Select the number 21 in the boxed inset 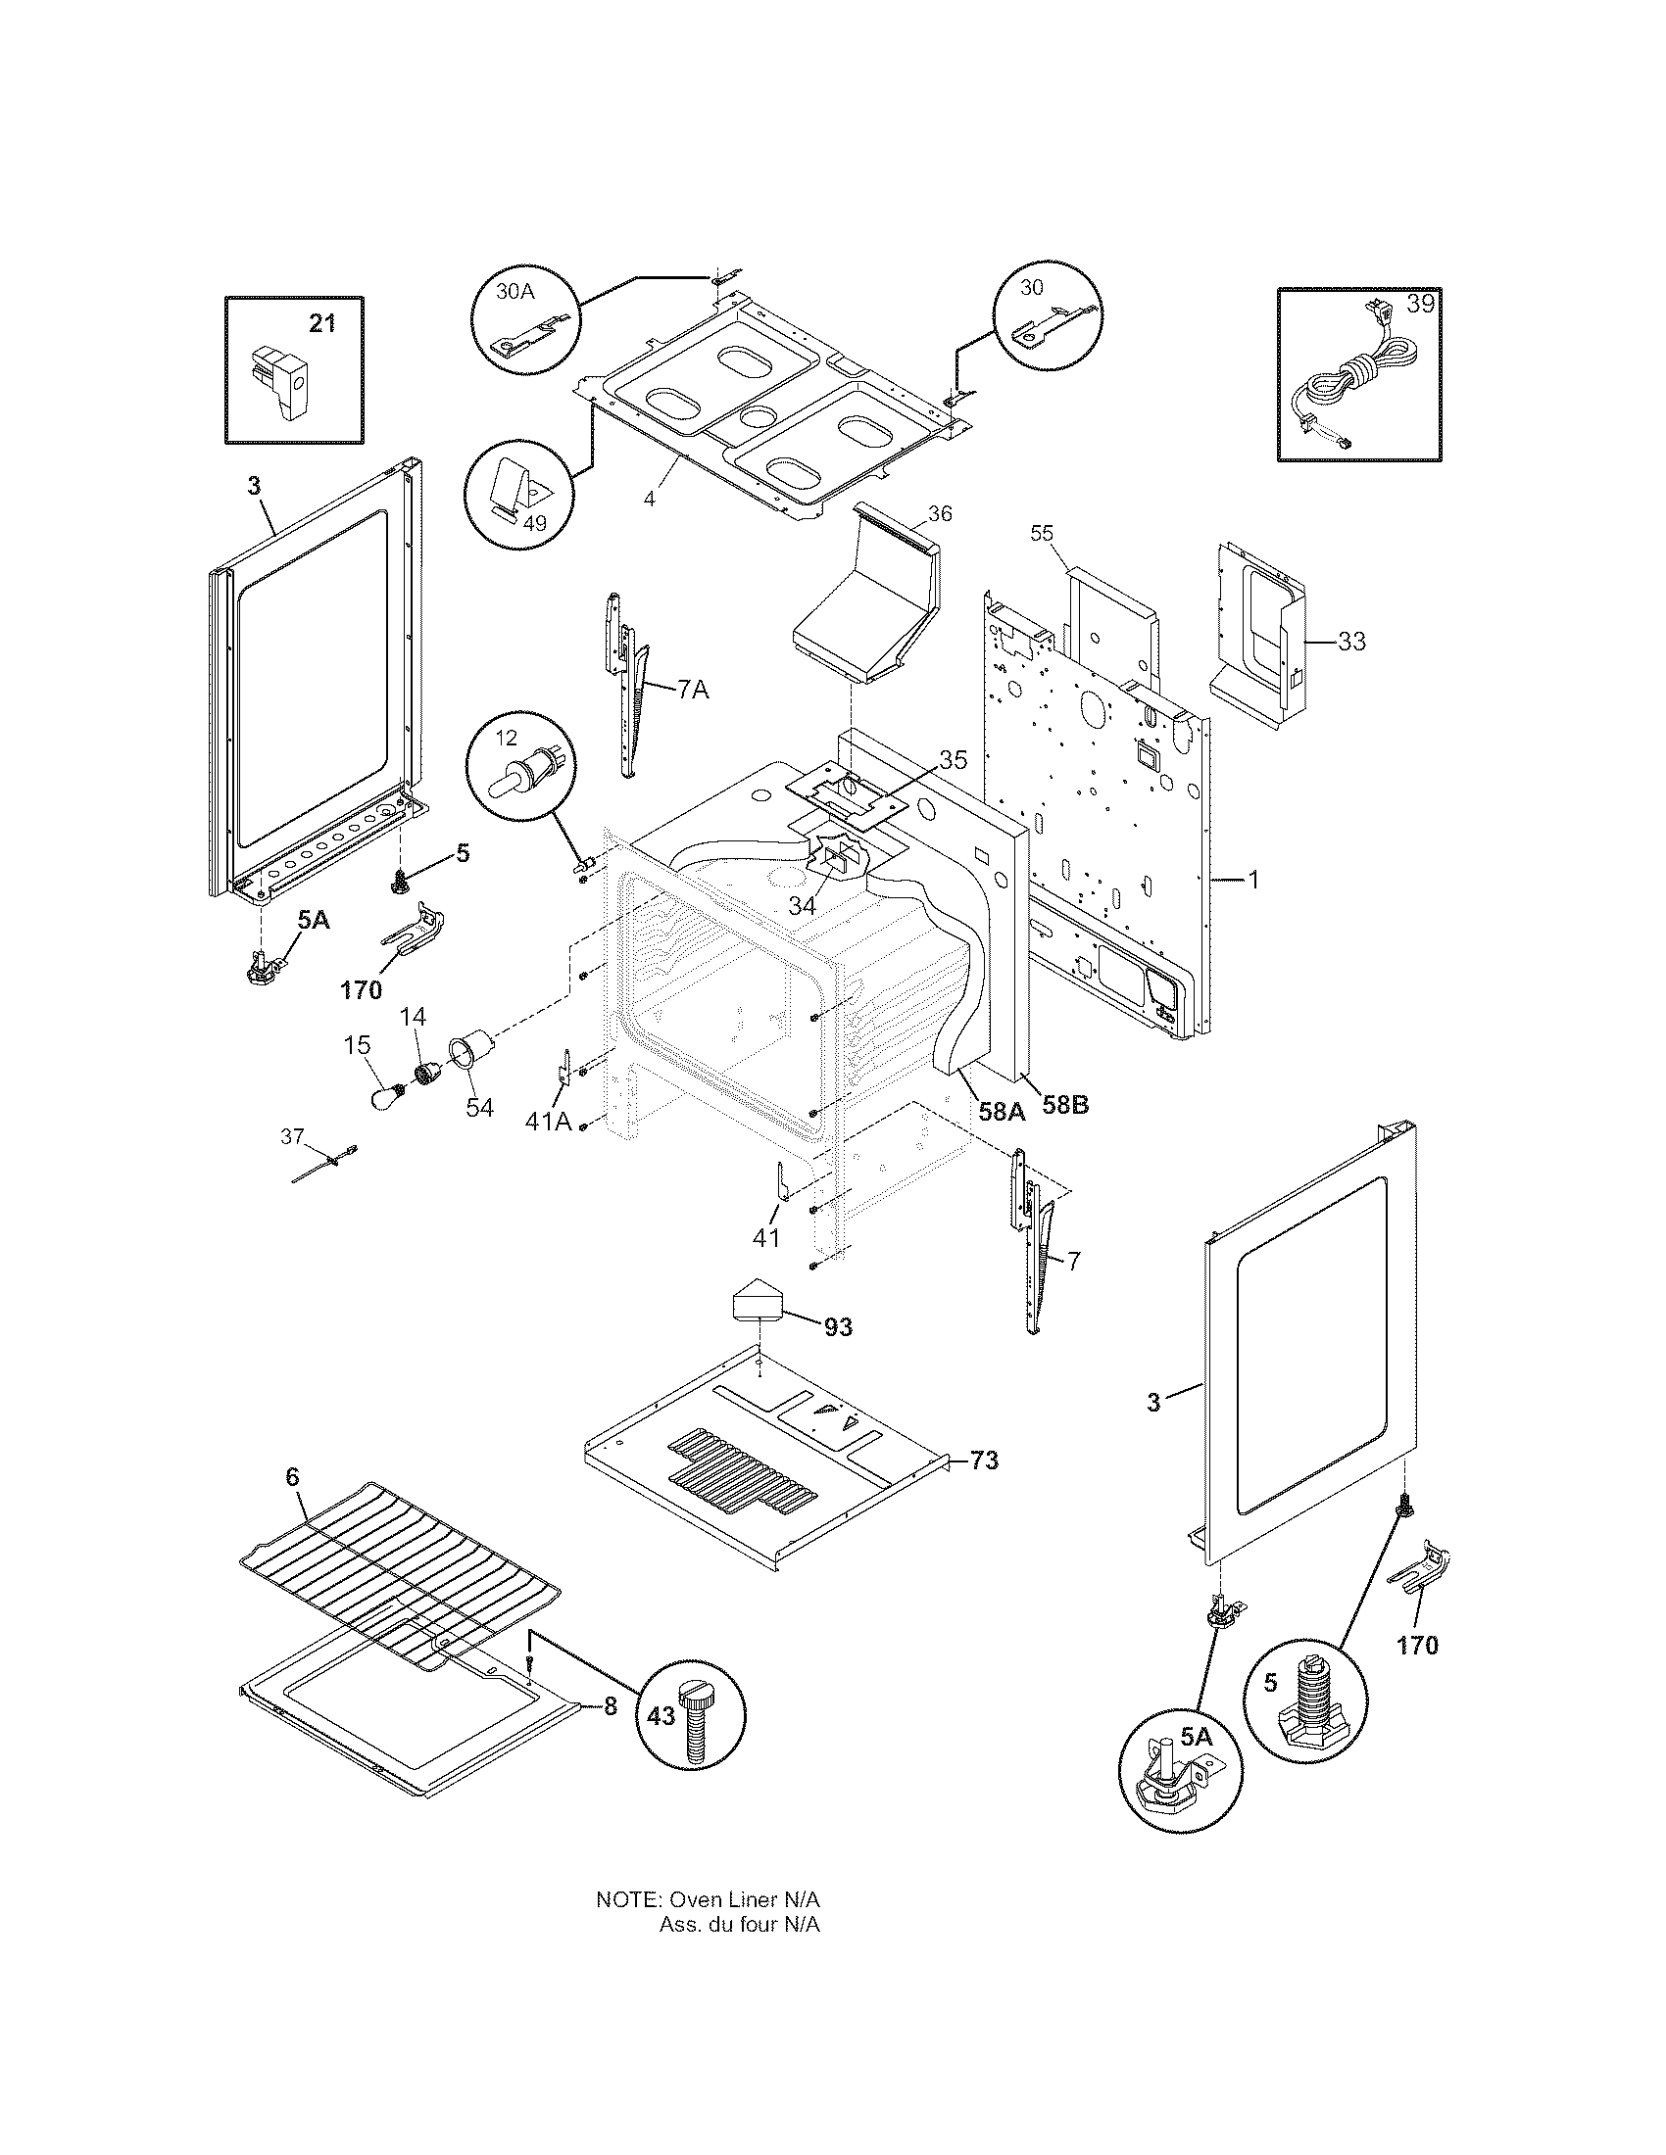tap(322, 322)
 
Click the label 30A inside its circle tap(514, 290)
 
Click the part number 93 tap(837, 1327)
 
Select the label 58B tap(1066, 1105)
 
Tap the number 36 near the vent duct tap(940, 514)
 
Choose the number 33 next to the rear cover tap(1351, 642)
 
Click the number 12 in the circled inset tap(506, 738)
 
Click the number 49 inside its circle tap(534, 523)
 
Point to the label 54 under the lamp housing tap(479, 1107)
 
